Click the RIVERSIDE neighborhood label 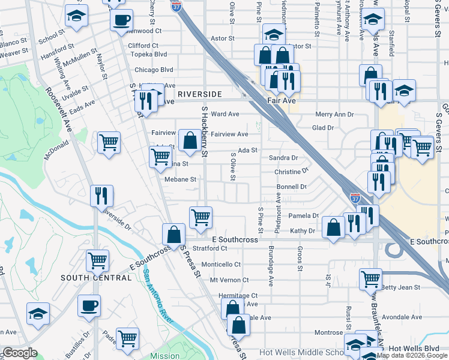(199, 95)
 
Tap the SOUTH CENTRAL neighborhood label (96, 278)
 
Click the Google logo (19, 353)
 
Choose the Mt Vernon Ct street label (229, 280)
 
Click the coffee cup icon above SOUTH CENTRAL (89, 305)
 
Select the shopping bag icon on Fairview (190, 141)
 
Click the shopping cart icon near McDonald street (108, 143)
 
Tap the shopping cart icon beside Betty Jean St (371, 278)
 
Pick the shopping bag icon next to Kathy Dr (333, 227)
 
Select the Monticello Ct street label (220, 264)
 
